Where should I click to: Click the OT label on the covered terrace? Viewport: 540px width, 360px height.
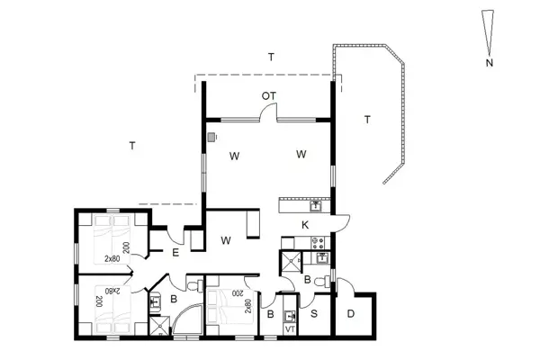pyautogui.click(x=268, y=95)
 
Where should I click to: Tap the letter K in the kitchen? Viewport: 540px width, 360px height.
pyautogui.click(x=305, y=224)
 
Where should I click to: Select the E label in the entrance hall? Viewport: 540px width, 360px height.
pyautogui.click(x=176, y=253)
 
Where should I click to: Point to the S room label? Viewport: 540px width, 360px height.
pyautogui.click(x=314, y=314)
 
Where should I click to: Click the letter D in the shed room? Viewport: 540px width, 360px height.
pyautogui.click(x=350, y=314)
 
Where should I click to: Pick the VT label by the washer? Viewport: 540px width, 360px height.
pyautogui.click(x=290, y=330)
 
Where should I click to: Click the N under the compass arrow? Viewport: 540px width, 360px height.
pyautogui.click(x=489, y=64)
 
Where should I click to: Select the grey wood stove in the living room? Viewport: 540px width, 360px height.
pyautogui.click(x=212, y=138)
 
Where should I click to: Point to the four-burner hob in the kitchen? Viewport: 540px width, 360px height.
pyautogui.click(x=317, y=241)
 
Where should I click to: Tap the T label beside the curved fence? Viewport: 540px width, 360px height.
pyautogui.click(x=367, y=119)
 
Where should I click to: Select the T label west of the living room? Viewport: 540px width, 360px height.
pyautogui.click(x=132, y=145)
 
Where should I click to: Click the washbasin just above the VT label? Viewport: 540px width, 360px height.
pyautogui.click(x=290, y=317)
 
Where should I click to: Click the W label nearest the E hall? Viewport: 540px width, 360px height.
pyautogui.click(x=227, y=240)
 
